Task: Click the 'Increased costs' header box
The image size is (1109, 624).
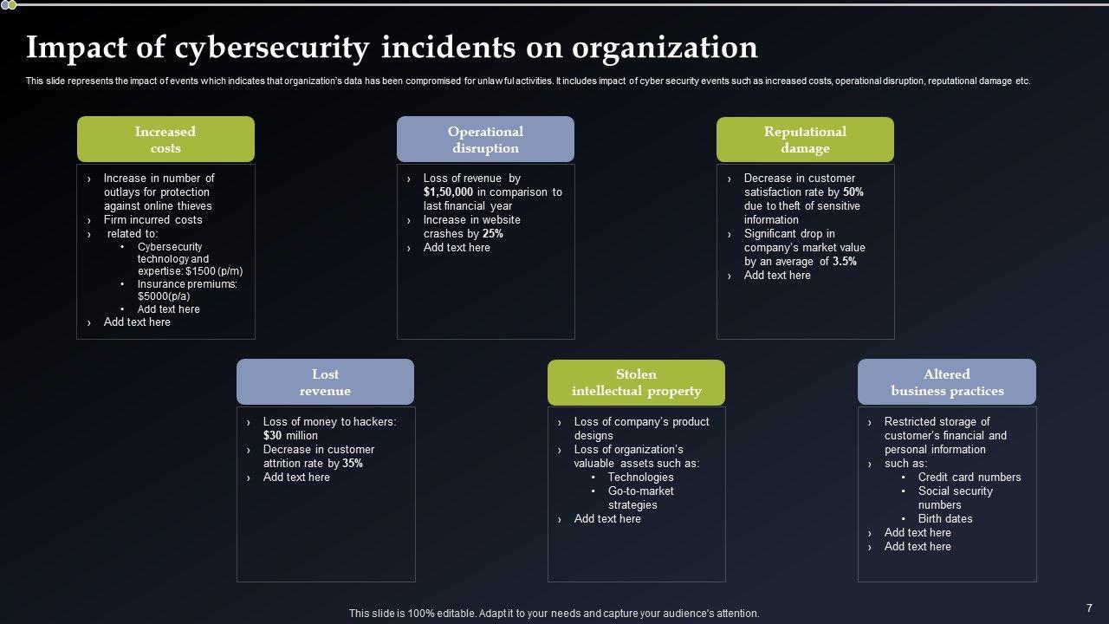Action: (165, 140)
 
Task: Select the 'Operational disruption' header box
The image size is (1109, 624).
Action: (485, 140)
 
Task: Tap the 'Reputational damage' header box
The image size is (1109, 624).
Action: (805, 140)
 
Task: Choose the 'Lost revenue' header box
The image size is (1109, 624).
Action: (325, 382)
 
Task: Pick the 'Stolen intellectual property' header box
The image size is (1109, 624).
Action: (636, 382)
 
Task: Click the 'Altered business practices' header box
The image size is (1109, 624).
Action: (947, 382)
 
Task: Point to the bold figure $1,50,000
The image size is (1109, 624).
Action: (448, 192)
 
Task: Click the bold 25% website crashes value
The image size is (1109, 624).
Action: (493, 234)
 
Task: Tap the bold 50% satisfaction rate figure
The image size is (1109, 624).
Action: (853, 192)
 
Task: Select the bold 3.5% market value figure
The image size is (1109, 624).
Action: (844, 262)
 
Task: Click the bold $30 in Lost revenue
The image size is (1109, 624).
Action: (273, 436)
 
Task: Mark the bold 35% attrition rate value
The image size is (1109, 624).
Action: (353, 464)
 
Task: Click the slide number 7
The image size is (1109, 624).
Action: (1089, 608)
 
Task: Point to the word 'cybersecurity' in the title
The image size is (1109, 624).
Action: (271, 48)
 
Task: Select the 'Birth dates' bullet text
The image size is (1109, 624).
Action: (945, 519)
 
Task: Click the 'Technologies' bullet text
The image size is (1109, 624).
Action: (640, 478)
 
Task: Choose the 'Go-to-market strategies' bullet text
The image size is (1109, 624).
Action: (640, 497)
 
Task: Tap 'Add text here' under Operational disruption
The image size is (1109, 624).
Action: (457, 248)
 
